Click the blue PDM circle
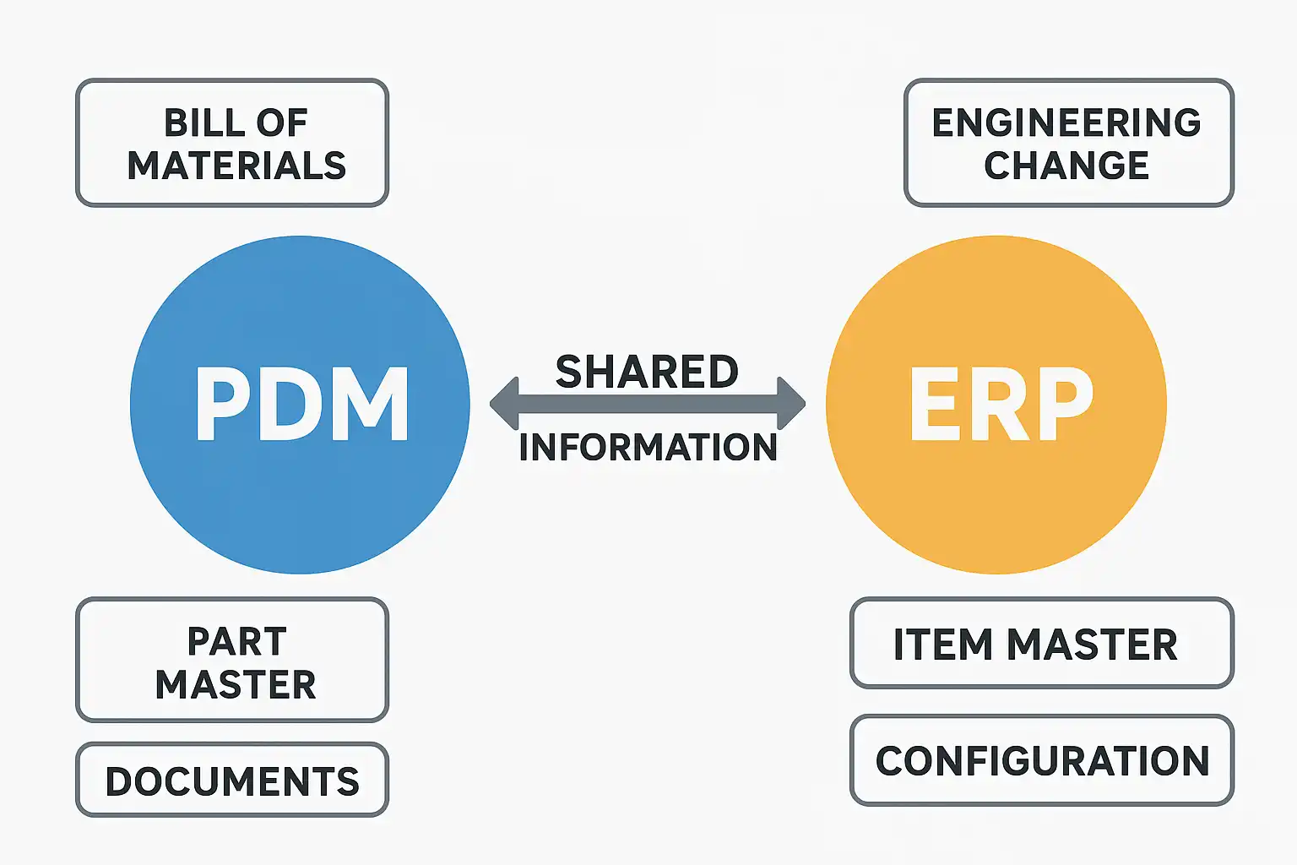point(300,405)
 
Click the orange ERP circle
point(996,405)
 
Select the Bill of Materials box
point(232,143)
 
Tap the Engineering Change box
point(1069,143)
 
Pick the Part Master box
point(232,660)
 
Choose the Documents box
point(232,779)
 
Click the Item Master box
point(1042,643)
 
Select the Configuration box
point(1042,760)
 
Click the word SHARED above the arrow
point(647,372)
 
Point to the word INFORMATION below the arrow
point(648,447)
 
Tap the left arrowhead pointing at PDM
point(504,404)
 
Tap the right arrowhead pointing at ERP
point(791,404)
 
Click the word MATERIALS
point(236,166)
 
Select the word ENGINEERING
point(1066,122)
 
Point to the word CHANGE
point(1066,166)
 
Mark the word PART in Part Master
point(236,641)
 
